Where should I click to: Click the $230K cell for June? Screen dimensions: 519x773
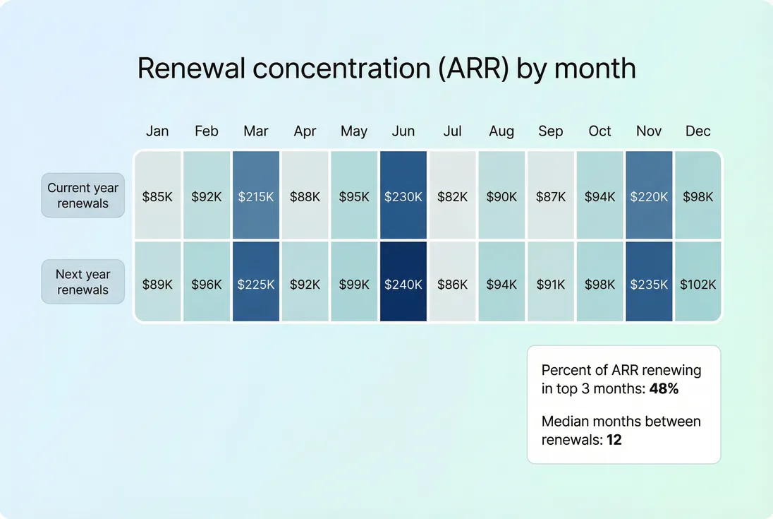pyautogui.click(x=403, y=196)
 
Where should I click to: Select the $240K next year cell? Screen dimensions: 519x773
pyautogui.click(x=403, y=284)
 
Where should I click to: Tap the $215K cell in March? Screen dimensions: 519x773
pyautogui.click(x=255, y=196)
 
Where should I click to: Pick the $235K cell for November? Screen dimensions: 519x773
pyautogui.click(x=649, y=284)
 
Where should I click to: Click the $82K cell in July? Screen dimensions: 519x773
pyautogui.click(x=452, y=196)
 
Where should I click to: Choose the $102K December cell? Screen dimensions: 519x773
pyautogui.click(x=698, y=284)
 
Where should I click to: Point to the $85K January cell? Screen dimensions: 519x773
pyautogui.click(x=157, y=196)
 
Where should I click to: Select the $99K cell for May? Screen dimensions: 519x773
pyautogui.click(x=354, y=284)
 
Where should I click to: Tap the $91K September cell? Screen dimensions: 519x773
pyautogui.click(x=550, y=284)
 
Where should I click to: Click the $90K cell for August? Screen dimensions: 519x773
pyautogui.click(x=501, y=196)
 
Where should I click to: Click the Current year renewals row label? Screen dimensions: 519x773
pyautogui.click(x=83, y=196)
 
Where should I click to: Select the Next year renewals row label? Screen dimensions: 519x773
pyautogui.click(x=83, y=282)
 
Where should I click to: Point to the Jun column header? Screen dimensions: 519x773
pyautogui.click(x=403, y=131)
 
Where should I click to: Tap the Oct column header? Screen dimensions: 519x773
pyautogui.click(x=599, y=131)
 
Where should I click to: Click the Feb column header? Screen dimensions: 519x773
pyautogui.click(x=207, y=131)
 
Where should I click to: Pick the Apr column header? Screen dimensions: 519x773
pyautogui.click(x=305, y=131)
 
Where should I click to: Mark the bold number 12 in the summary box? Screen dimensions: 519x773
pyautogui.click(x=614, y=439)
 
